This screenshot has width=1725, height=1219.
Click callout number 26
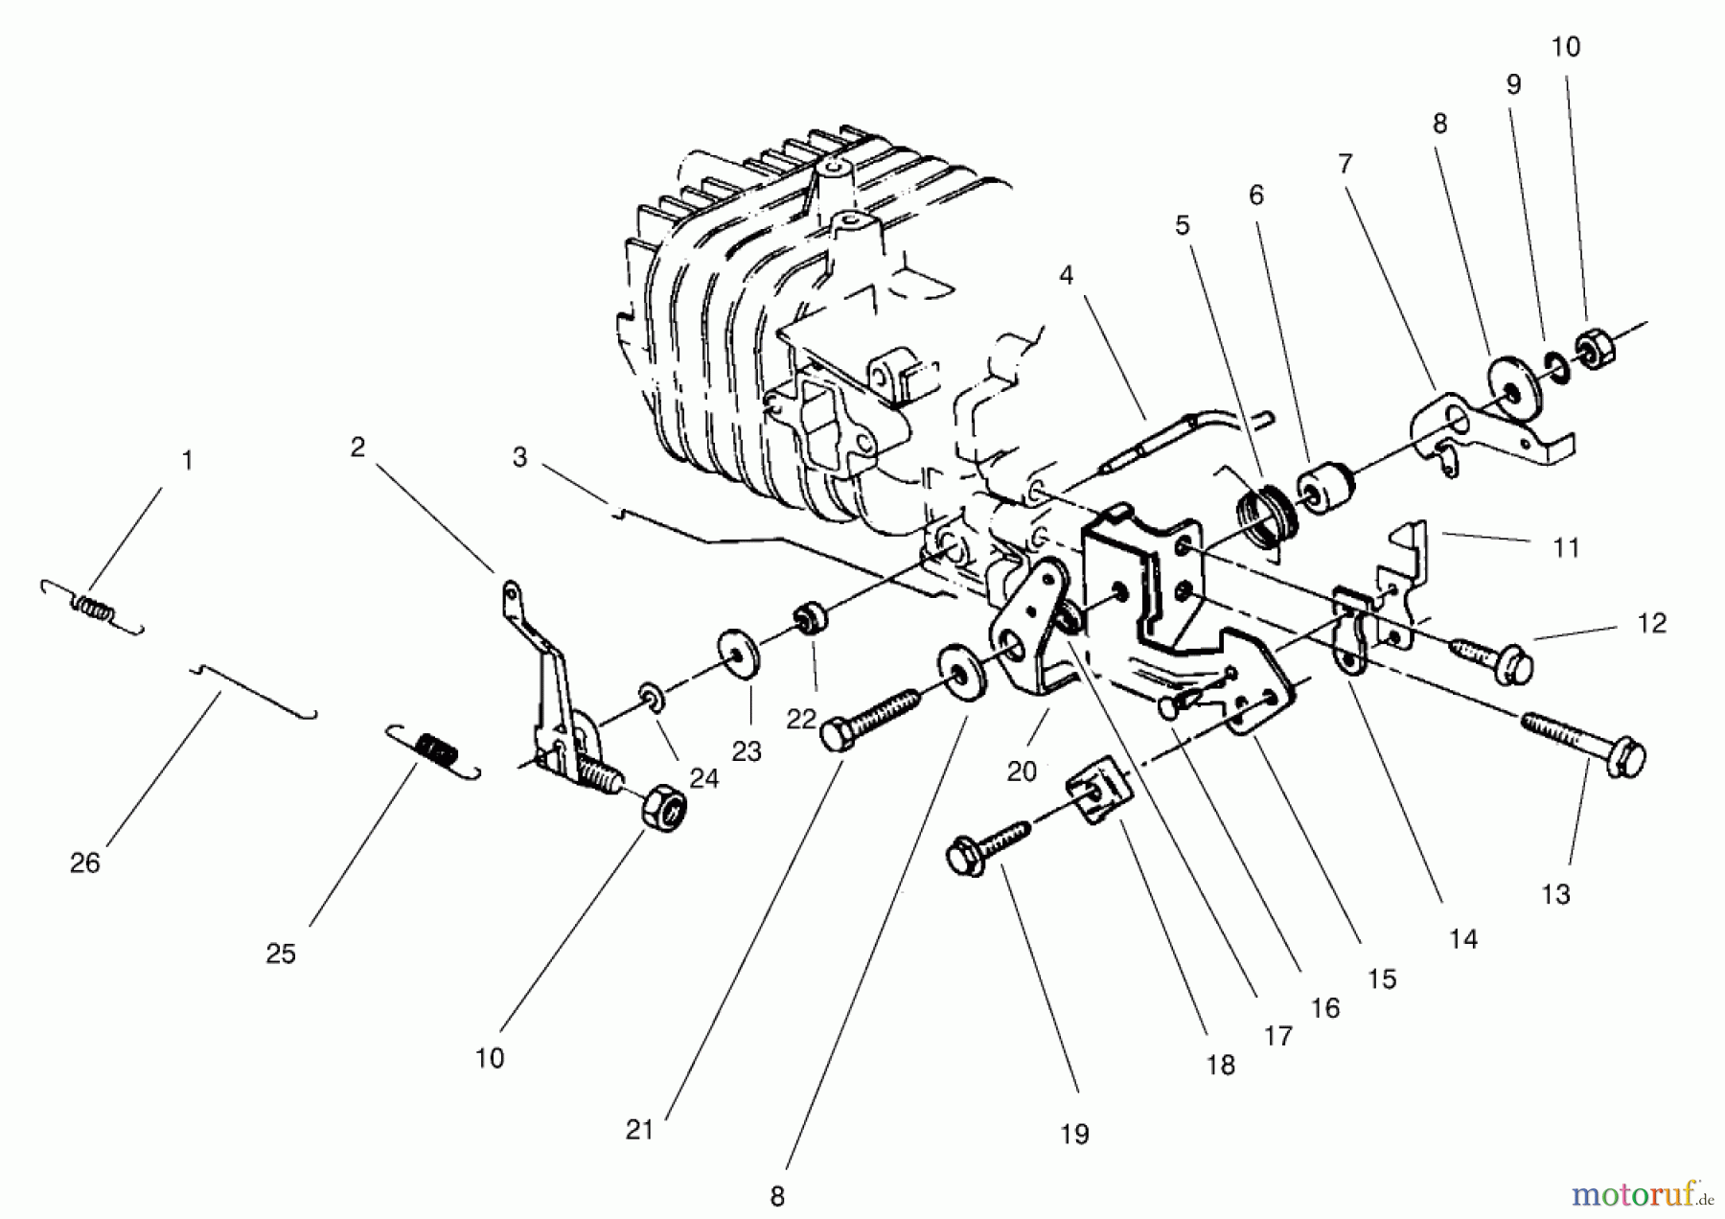84,863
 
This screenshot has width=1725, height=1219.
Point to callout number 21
639,1131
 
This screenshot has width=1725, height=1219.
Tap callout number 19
1074,1135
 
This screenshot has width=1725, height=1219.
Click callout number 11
1565,548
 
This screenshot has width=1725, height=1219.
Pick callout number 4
1066,276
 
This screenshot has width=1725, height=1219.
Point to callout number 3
519,457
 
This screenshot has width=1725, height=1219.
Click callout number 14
1462,940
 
